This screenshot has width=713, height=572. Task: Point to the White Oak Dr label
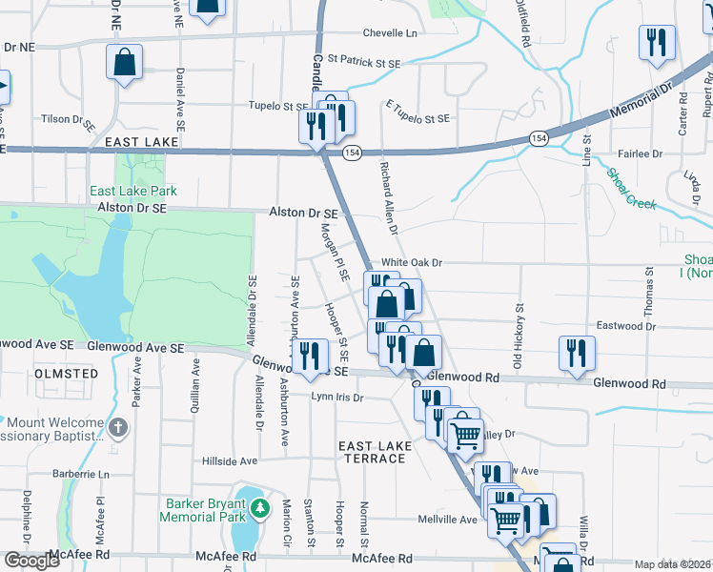point(413,262)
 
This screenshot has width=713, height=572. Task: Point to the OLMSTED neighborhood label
point(66,374)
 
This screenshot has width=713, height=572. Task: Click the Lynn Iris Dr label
point(337,397)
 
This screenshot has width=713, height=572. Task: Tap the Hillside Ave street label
point(230,460)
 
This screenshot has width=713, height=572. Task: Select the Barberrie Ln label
point(82,474)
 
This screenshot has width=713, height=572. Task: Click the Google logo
point(31,561)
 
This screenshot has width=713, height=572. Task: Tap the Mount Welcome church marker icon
point(118,429)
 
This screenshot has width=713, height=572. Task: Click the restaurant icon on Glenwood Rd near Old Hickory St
point(577,352)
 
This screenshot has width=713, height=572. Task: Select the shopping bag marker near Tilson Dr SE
point(124,63)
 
